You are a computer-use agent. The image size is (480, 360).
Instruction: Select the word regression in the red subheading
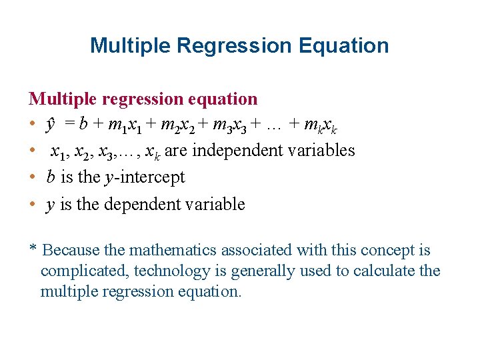click(143, 99)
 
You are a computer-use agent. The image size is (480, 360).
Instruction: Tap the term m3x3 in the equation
click(230, 125)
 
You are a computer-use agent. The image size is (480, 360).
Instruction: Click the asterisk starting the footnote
click(33, 250)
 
